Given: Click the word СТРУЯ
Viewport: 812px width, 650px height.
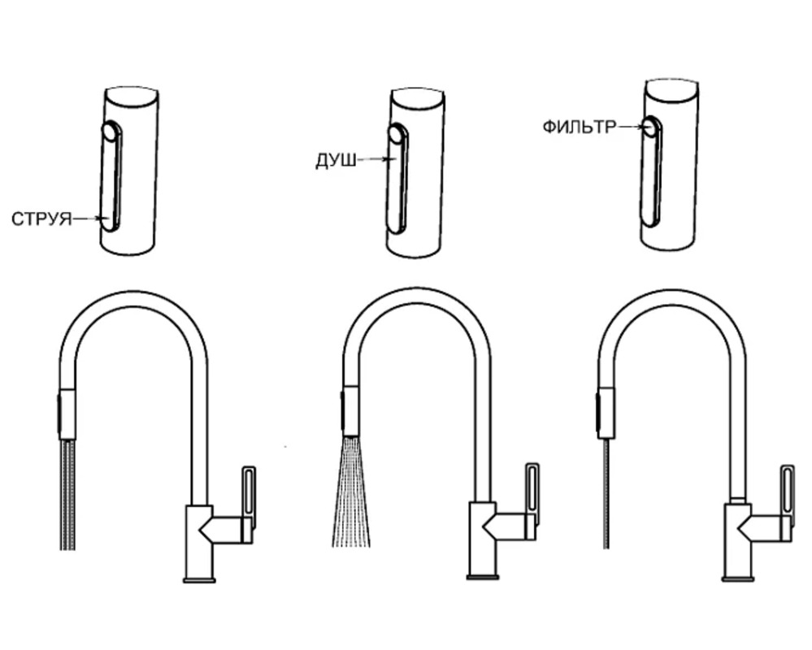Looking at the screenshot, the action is tap(41, 219).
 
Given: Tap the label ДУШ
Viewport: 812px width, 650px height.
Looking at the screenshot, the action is tap(336, 161).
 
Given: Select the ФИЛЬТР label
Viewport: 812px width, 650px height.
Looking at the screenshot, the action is tap(580, 127).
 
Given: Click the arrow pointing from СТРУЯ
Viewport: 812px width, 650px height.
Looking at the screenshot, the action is tap(89, 219).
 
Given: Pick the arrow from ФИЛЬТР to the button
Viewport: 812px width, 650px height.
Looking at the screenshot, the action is tap(632, 126).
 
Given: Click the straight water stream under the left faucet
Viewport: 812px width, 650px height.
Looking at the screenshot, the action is tap(68, 494).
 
